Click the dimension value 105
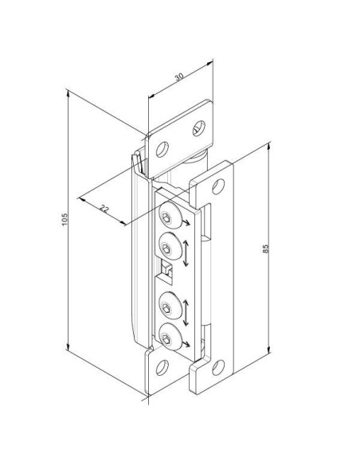[x=65, y=219]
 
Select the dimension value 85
[x=265, y=248]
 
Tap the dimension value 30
[x=179, y=77]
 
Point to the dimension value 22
[x=104, y=209]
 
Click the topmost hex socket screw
[x=170, y=215]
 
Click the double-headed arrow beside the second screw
[x=186, y=253]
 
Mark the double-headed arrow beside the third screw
[x=186, y=313]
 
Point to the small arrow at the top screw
[x=186, y=223]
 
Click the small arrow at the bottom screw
[x=186, y=343]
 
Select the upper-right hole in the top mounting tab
[x=199, y=128]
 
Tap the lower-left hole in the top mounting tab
[x=162, y=149]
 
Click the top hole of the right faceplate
[x=218, y=186]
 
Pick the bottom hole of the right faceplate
[x=218, y=367]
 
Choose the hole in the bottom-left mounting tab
[x=162, y=367]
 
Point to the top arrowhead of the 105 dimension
[x=68, y=94]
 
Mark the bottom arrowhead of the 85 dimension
[x=269, y=350]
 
